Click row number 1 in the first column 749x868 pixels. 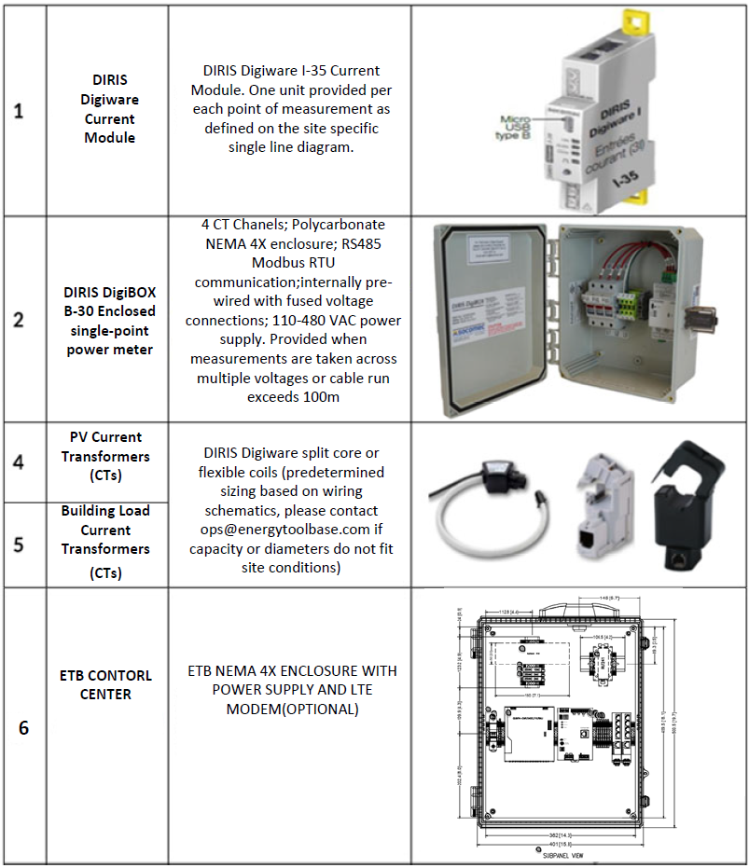(x=19, y=112)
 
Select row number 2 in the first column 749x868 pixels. (x=19, y=320)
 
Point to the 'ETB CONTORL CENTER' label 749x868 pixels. (x=105, y=684)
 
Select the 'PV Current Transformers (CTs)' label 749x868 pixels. (x=105, y=457)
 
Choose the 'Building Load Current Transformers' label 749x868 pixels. (x=105, y=530)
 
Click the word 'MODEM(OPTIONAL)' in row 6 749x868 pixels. (x=292, y=709)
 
